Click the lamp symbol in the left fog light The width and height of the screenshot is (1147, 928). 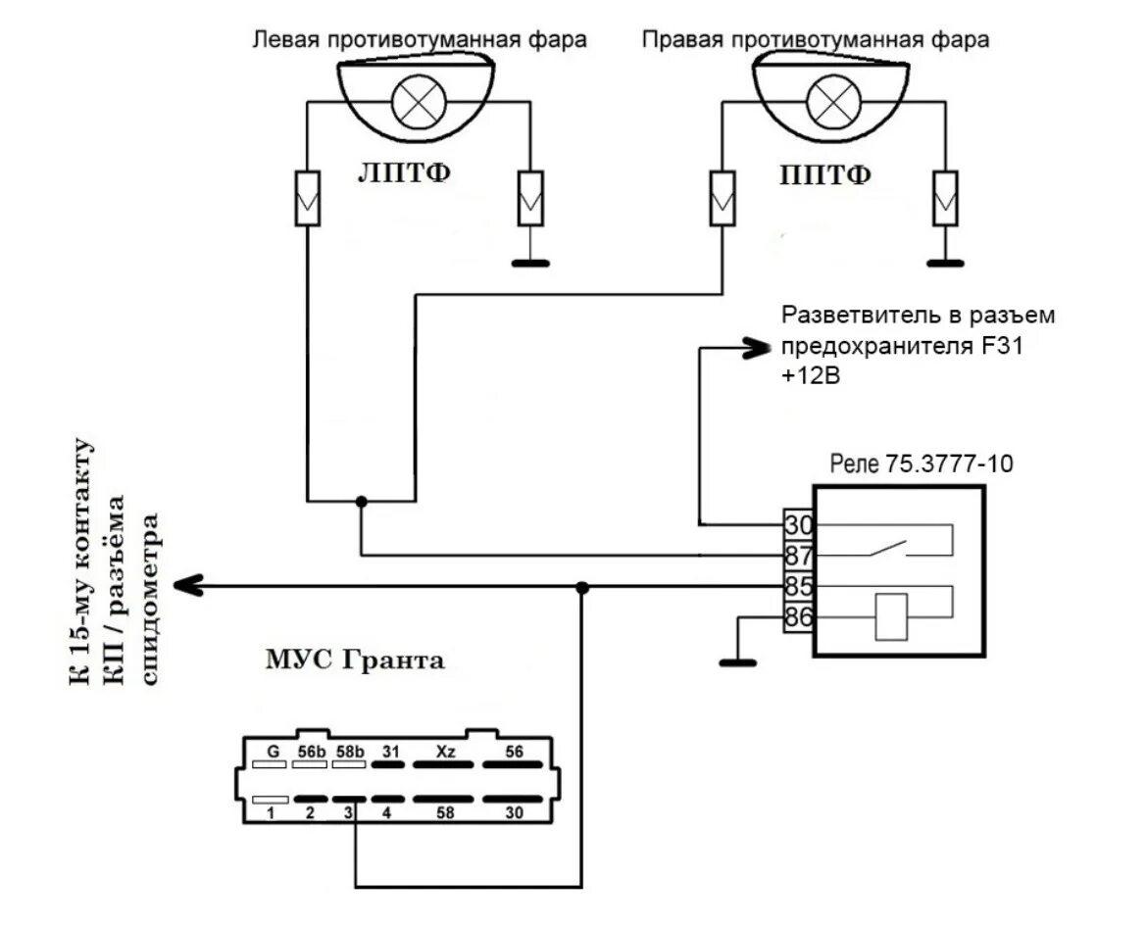click(420, 100)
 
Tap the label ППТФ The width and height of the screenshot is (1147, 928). click(825, 174)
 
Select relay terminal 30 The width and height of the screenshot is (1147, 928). click(798, 524)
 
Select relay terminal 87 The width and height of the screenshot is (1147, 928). click(798, 556)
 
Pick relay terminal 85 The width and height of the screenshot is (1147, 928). click(798, 587)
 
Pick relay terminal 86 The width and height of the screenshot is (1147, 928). click(798, 617)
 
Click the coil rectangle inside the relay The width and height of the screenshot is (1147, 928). click(890, 617)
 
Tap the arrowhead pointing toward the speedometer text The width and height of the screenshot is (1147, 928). click(186, 586)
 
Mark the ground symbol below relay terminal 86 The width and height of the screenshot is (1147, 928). click(738, 663)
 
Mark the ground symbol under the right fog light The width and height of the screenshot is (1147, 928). click(945, 262)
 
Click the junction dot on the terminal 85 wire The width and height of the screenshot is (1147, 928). click(582, 587)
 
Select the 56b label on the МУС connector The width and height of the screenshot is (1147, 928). click(311, 751)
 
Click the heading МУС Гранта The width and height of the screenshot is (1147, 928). click(355, 661)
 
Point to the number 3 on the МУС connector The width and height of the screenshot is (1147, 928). click(348, 811)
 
